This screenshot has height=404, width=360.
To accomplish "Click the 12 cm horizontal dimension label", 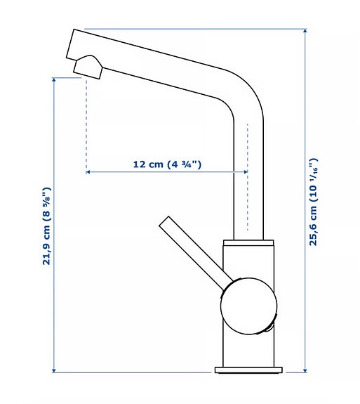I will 167,164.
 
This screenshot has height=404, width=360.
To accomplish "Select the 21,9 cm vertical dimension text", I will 47,226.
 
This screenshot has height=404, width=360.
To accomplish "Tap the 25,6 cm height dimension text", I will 314,201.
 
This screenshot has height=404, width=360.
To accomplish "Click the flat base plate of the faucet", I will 249,370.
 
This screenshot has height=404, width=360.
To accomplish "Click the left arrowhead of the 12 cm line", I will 88,171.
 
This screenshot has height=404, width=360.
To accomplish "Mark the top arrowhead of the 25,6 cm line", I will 305,32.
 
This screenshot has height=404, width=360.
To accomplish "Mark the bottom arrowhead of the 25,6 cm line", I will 305,368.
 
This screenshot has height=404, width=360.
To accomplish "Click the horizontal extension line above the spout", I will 196,29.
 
